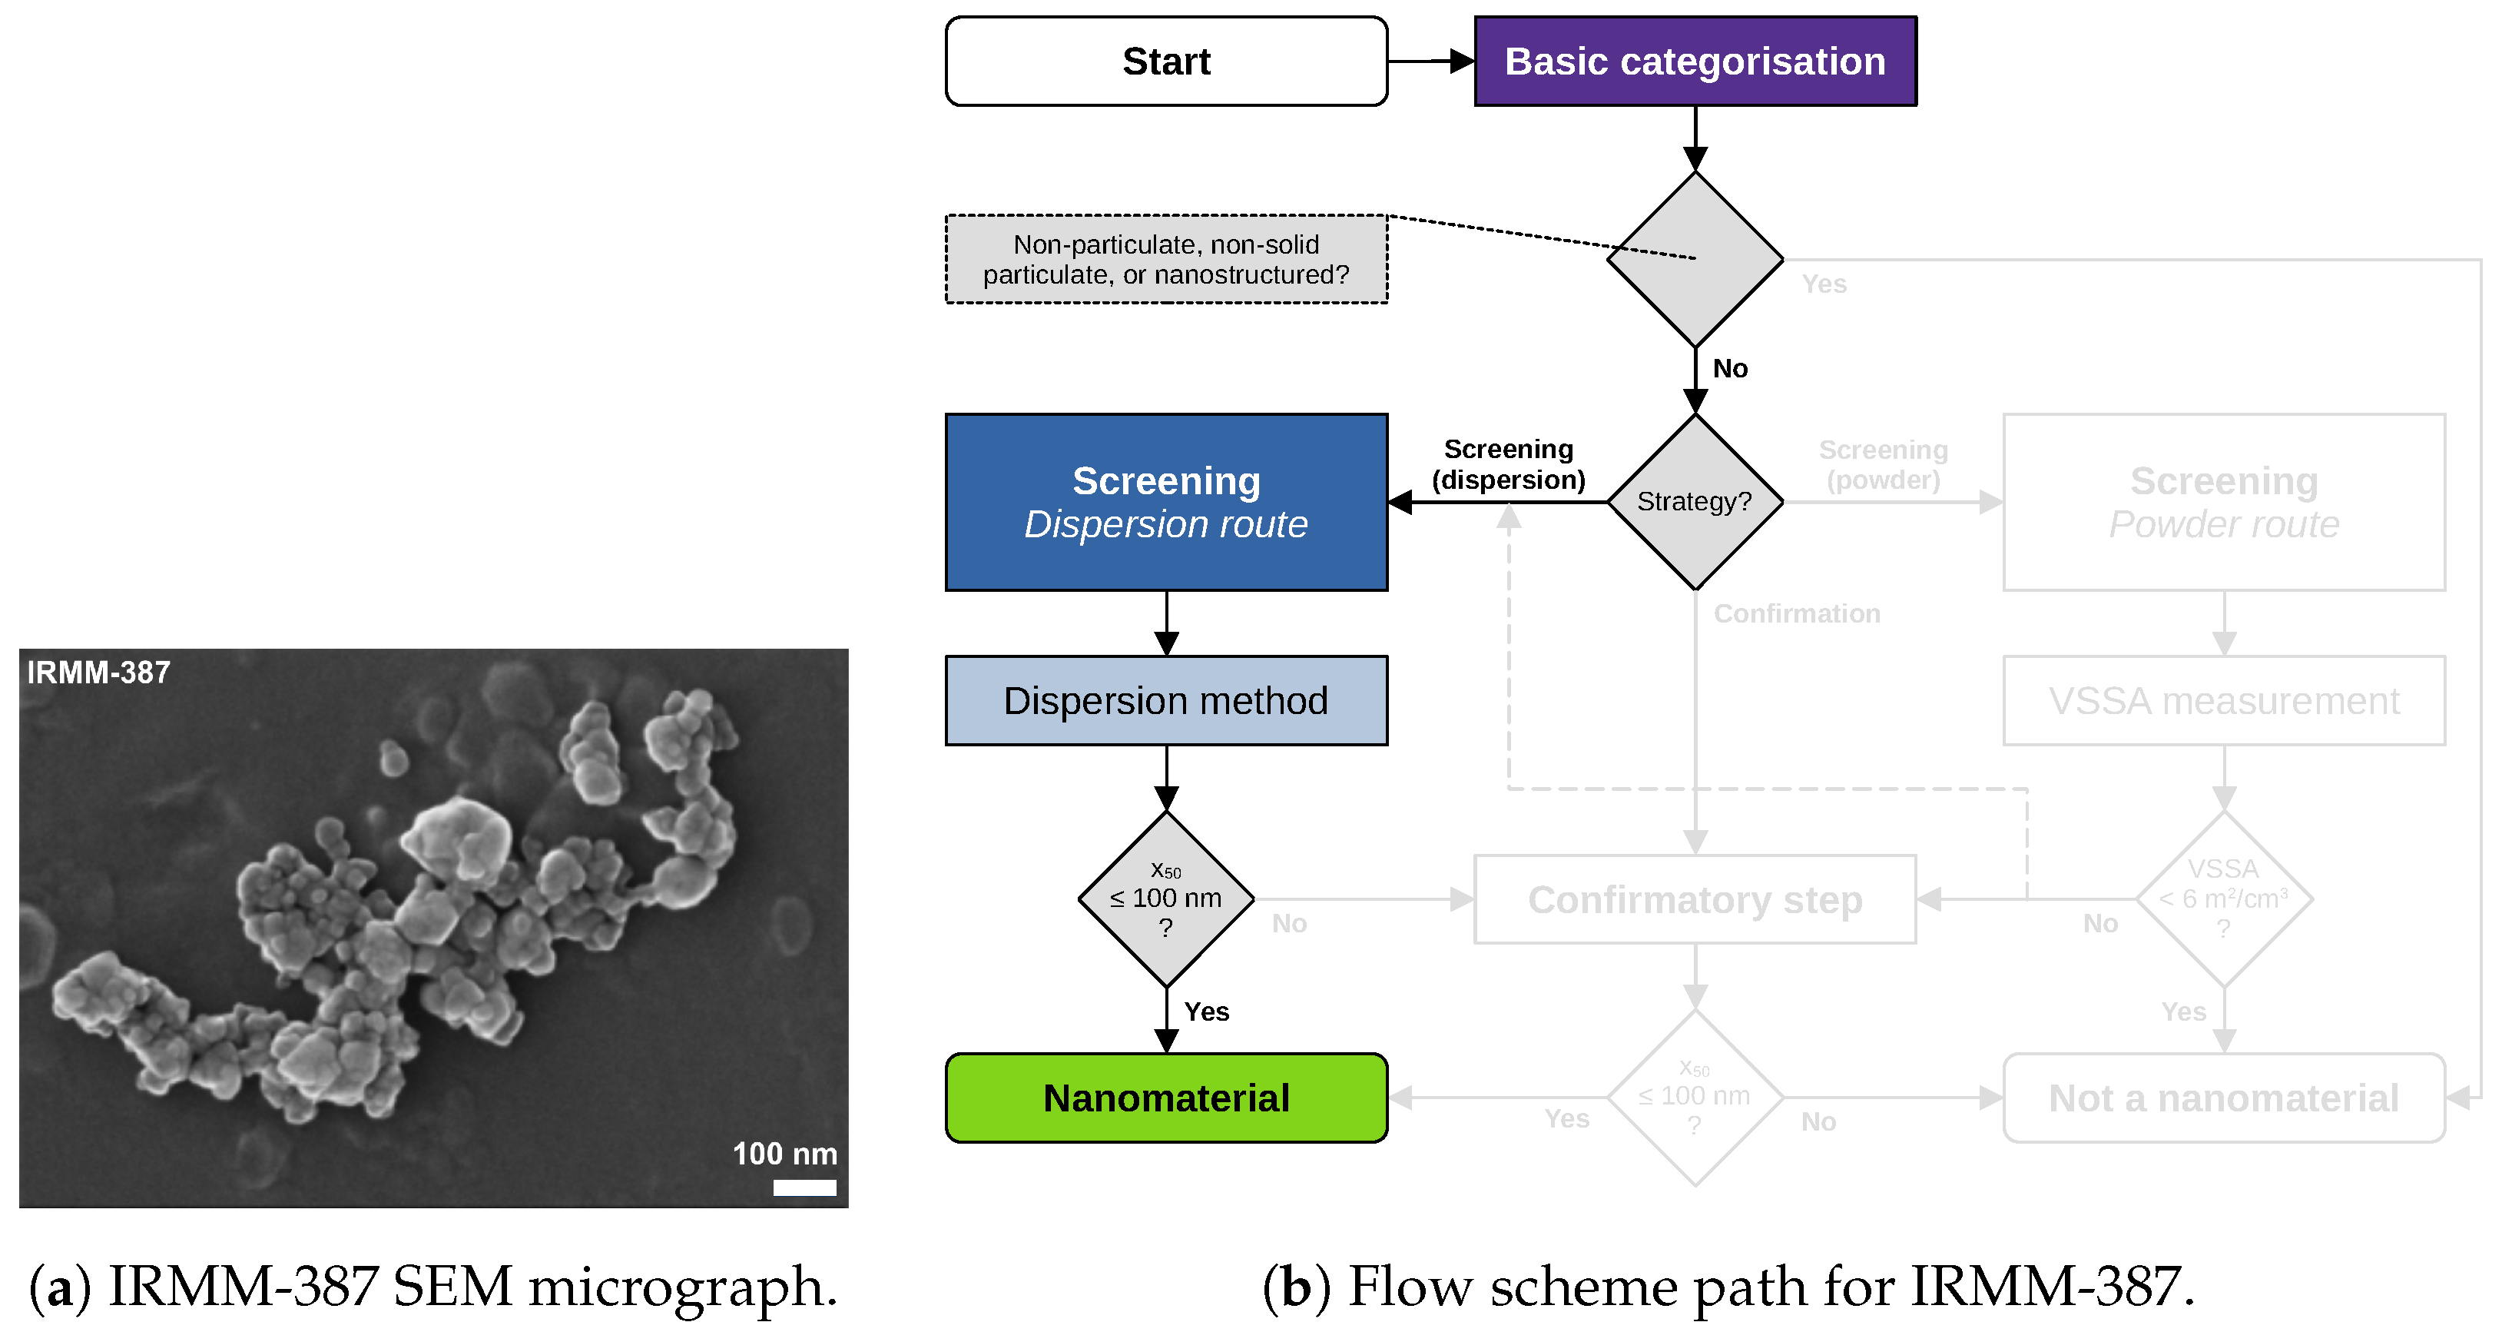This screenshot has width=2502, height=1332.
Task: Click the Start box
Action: [x=1165, y=61]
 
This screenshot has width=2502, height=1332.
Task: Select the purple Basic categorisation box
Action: [x=1695, y=61]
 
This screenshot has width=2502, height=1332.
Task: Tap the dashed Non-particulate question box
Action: [x=1165, y=259]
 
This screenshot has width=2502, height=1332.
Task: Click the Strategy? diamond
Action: [x=1695, y=501]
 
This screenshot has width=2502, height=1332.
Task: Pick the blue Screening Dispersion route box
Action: [x=1165, y=503]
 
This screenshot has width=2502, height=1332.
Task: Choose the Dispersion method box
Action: [x=1165, y=700]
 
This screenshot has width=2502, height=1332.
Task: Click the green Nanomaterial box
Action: [x=1165, y=1098]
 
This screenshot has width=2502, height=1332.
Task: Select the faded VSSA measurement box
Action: [x=2223, y=700]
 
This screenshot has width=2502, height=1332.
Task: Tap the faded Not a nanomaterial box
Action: [x=2223, y=1098]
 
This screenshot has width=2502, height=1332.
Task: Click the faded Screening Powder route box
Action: [x=2223, y=503]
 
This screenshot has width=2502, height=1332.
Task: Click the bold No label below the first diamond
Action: [x=1730, y=369]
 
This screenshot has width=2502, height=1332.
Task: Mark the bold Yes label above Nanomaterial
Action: [x=1206, y=1012]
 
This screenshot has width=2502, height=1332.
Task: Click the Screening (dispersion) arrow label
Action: [x=1509, y=464]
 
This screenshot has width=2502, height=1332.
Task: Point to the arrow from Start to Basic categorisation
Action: [x=1430, y=61]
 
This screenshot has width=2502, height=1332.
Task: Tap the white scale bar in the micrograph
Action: [x=804, y=1188]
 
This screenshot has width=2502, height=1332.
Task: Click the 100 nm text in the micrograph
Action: [x=785, y=1154]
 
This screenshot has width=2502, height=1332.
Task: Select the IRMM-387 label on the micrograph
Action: [x=98, y=673]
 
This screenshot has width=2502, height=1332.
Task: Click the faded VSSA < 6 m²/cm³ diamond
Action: [x=2223, y=899]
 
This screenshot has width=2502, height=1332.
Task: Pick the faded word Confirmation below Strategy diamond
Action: [x=1797, y=614]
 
